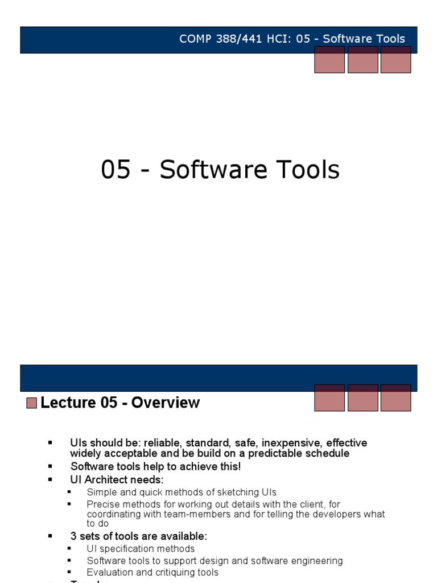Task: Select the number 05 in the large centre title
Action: point(116,170)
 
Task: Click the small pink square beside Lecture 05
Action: point(32,403)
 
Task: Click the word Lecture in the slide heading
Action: point(68,403)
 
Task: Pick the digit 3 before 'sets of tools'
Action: point(73,536)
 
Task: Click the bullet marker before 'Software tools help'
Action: point(50,466)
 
